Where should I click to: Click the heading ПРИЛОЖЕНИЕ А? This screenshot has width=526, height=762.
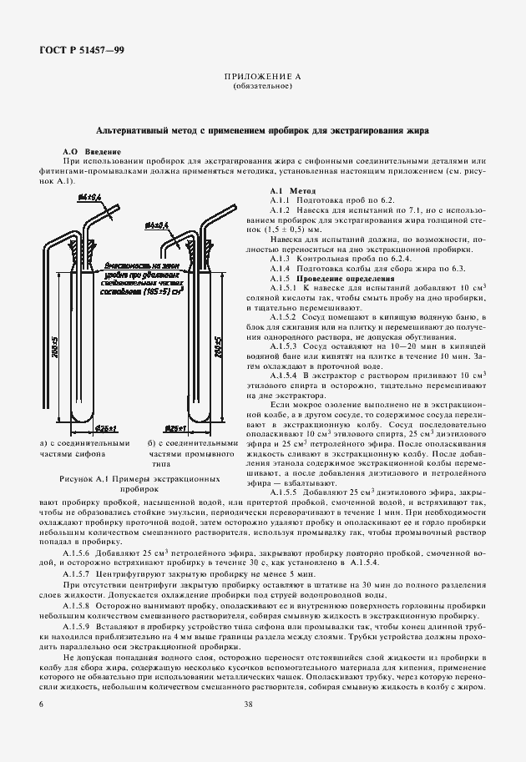(x=262, y=77)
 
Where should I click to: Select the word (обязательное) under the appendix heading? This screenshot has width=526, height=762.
(x=262, y=86)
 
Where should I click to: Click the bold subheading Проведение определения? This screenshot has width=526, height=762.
(x=339, y=277)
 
